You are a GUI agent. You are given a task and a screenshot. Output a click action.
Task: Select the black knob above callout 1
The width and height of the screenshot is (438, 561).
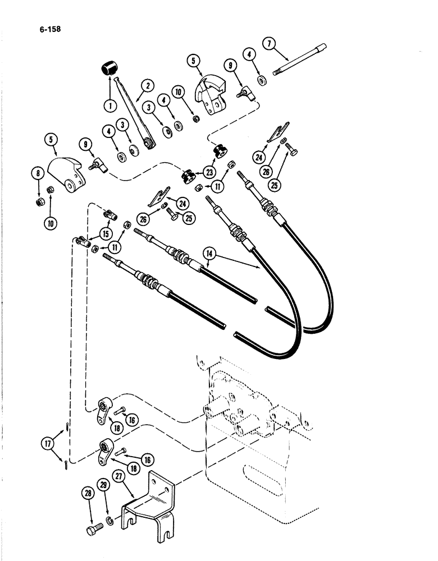coord(108,70)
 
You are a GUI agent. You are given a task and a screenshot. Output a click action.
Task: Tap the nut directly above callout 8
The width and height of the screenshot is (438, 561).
coord(40,201)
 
